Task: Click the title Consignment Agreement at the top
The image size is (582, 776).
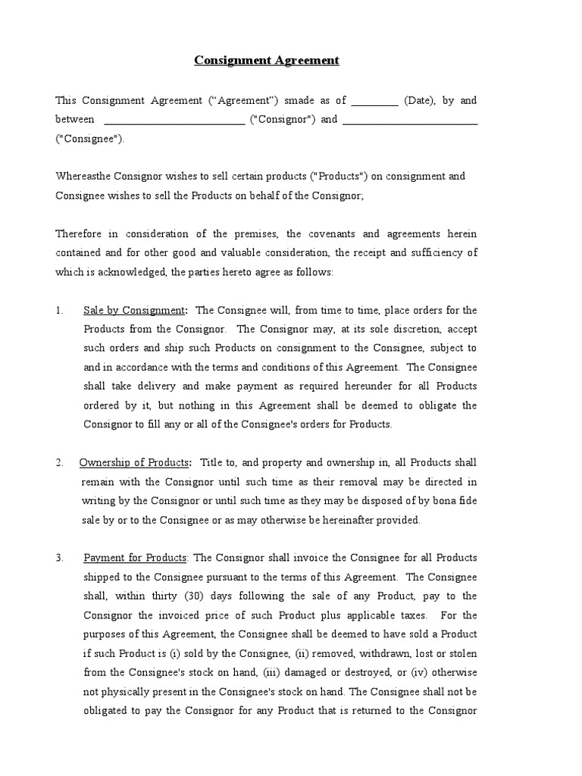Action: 267,60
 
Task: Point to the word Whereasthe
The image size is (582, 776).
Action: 83,176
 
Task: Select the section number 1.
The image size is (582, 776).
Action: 60,310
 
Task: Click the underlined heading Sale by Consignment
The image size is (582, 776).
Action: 133,310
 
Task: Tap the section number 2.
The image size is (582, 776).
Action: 60,462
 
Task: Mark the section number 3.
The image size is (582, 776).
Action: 60,558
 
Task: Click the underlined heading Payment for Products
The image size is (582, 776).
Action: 135,558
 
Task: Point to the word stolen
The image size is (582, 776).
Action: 462,653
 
